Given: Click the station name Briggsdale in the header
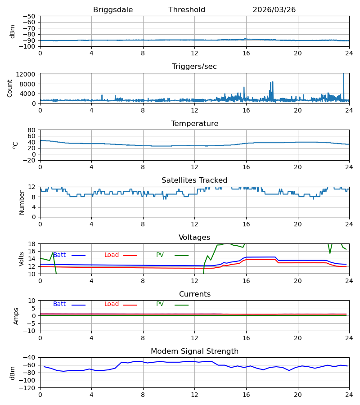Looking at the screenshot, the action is point(113,10).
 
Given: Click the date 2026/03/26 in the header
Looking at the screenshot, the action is point(274,10).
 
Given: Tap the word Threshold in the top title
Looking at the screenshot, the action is point(187,9).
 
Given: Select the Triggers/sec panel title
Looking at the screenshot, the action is point(194,67).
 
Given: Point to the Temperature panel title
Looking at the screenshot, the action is point(194,123).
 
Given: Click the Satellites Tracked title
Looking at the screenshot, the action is point(194,180).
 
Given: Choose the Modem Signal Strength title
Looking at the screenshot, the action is point(194,351).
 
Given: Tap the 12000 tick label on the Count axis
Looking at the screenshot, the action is point(26,74).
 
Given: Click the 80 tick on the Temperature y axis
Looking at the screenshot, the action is point(31,130).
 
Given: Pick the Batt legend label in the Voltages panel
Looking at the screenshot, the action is point(59,255).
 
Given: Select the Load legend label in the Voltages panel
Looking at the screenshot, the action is point(112,255).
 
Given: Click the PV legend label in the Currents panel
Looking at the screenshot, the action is point(160,304).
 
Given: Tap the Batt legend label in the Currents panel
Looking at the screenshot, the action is point(59,304).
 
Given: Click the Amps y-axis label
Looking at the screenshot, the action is point(16,316).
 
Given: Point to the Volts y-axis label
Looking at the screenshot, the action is point(21,259).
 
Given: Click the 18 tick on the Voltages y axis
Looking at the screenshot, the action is point(31,244).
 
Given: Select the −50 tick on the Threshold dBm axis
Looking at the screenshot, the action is point(29,16).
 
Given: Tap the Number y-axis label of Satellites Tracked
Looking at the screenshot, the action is point(22,203).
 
